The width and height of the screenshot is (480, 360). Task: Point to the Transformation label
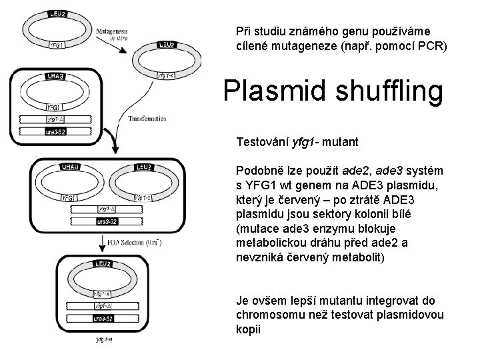click(x=147, y=119)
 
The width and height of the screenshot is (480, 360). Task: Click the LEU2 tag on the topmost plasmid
click(x=58, y=13)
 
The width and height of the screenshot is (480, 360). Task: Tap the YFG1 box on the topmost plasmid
click(x=57, y=45)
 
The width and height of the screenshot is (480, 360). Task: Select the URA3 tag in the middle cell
click(x=71, y=166)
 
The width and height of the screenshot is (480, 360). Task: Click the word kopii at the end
click(x=247, y=329)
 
